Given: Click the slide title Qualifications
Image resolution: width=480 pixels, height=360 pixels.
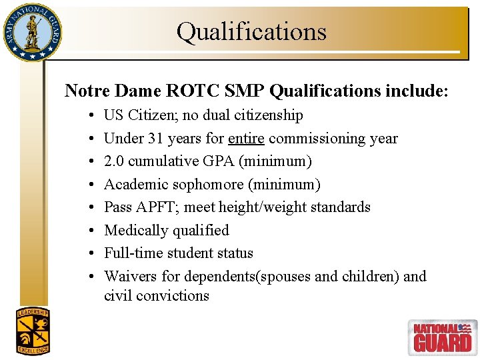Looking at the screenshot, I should coord(251,31).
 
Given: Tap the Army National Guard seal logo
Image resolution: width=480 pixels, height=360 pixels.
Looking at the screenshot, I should coord(31,31).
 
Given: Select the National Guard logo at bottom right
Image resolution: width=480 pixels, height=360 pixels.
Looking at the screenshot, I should coord(441,336).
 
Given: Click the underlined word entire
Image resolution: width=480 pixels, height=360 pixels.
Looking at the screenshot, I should coord(246,139).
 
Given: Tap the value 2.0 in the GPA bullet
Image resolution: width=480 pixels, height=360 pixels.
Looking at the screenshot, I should coord(114,161).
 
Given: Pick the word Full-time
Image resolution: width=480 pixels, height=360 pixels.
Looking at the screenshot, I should coord(131,253).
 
